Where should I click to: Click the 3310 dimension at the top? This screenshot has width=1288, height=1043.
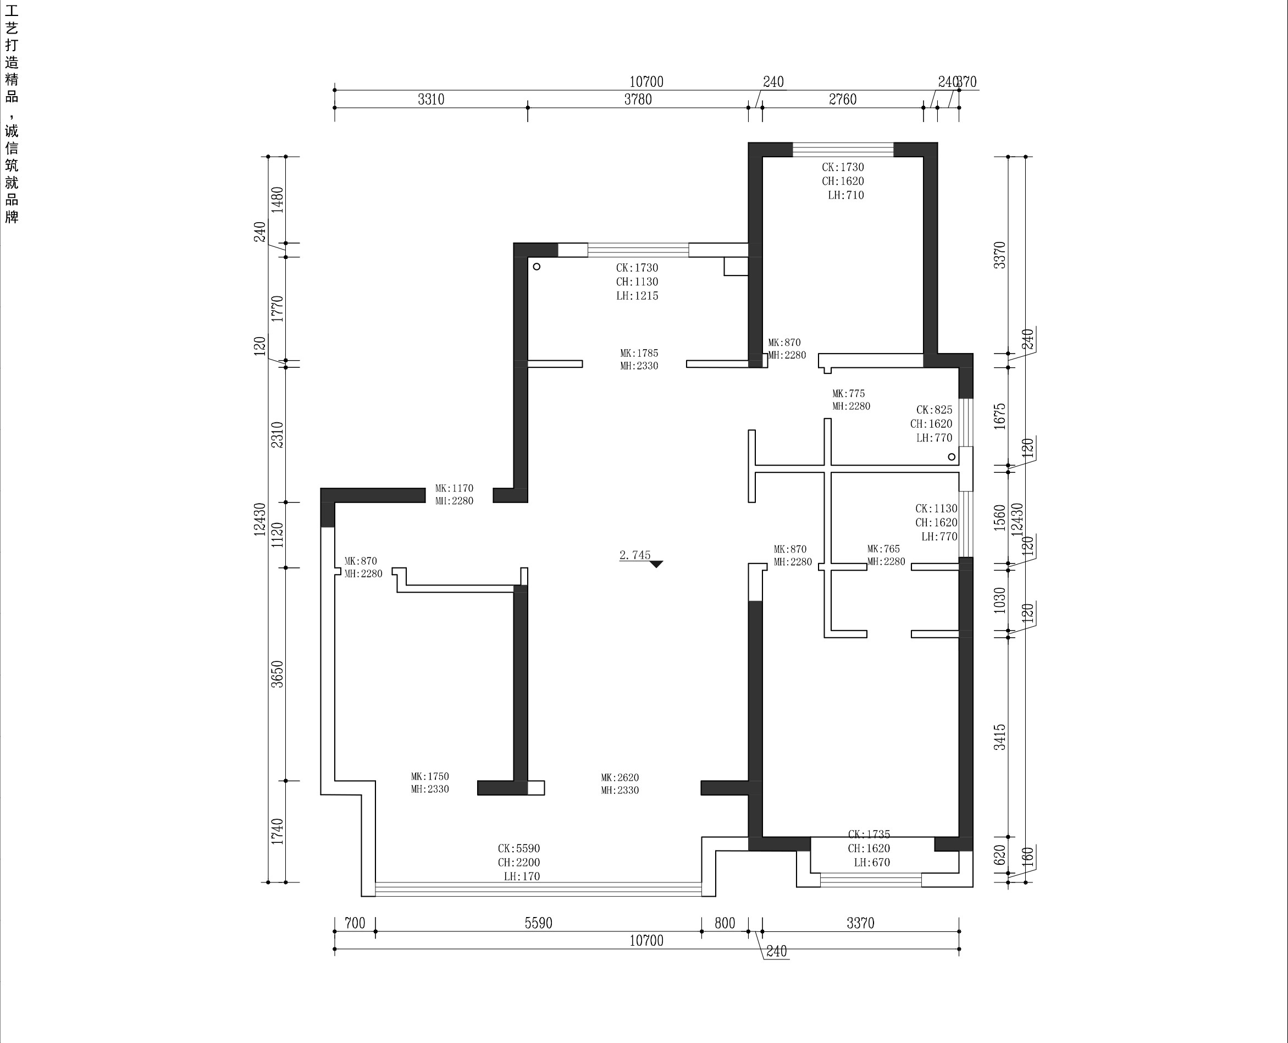(x=431, y=99)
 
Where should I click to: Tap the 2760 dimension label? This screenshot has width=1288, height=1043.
(x=842, y=99)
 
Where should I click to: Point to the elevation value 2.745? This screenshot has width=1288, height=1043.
(x=635, y=555)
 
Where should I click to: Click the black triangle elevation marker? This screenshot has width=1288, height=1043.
(x=656, y=564)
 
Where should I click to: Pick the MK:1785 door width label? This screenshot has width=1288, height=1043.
(x=639, y=354)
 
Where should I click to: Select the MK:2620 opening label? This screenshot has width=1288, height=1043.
(x=620, y=777)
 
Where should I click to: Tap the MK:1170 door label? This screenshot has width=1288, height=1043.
(x=454, y=488)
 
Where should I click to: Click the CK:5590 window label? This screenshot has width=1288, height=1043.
(x=519, y=848)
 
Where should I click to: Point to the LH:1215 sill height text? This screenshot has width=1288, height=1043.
(x=637, y=296)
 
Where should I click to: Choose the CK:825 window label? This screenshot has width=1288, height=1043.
(x=934, y=410)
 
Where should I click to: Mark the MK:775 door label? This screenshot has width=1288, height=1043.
(x=849, y=394)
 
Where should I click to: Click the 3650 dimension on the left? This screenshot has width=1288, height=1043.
(x=277, y=674)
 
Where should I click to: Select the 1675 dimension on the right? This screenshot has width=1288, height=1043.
(x=999, y=416)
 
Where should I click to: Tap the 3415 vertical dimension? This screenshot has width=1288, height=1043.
(x=999, y=737)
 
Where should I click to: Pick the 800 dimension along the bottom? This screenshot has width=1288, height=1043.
(x=725, y=923)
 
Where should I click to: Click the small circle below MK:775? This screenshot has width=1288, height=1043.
(x=952, y=456)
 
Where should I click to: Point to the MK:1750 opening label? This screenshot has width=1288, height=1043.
(x=430, y=776)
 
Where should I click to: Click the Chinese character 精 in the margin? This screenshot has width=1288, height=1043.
(x=12, y=79)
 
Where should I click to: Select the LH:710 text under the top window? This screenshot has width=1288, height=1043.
(x=846, y=195)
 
